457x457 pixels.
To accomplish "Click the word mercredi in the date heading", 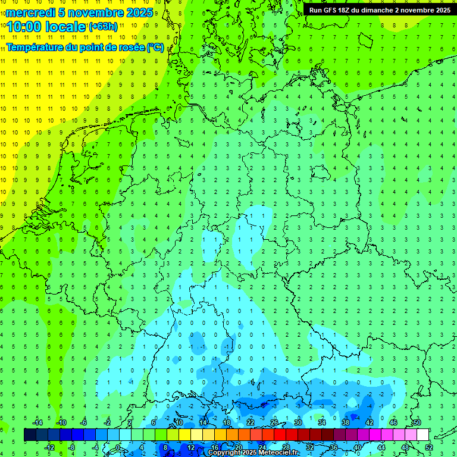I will [x=30, y=12].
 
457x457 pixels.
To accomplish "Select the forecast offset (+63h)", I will [x=103, y=27].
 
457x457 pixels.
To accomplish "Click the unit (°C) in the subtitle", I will [x=155, y=48].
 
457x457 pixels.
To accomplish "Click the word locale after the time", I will [x=65, y=27].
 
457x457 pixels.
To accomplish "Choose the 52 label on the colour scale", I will [x=429, y=447].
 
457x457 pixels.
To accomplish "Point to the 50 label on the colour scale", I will [x=417, y=422].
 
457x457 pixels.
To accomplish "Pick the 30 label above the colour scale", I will [x=298, y=422].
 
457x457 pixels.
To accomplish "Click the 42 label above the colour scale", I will [x=369, y=422].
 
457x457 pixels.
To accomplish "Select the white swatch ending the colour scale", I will [x=422, y=435].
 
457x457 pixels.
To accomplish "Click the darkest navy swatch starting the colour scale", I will [x=30, y=435].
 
